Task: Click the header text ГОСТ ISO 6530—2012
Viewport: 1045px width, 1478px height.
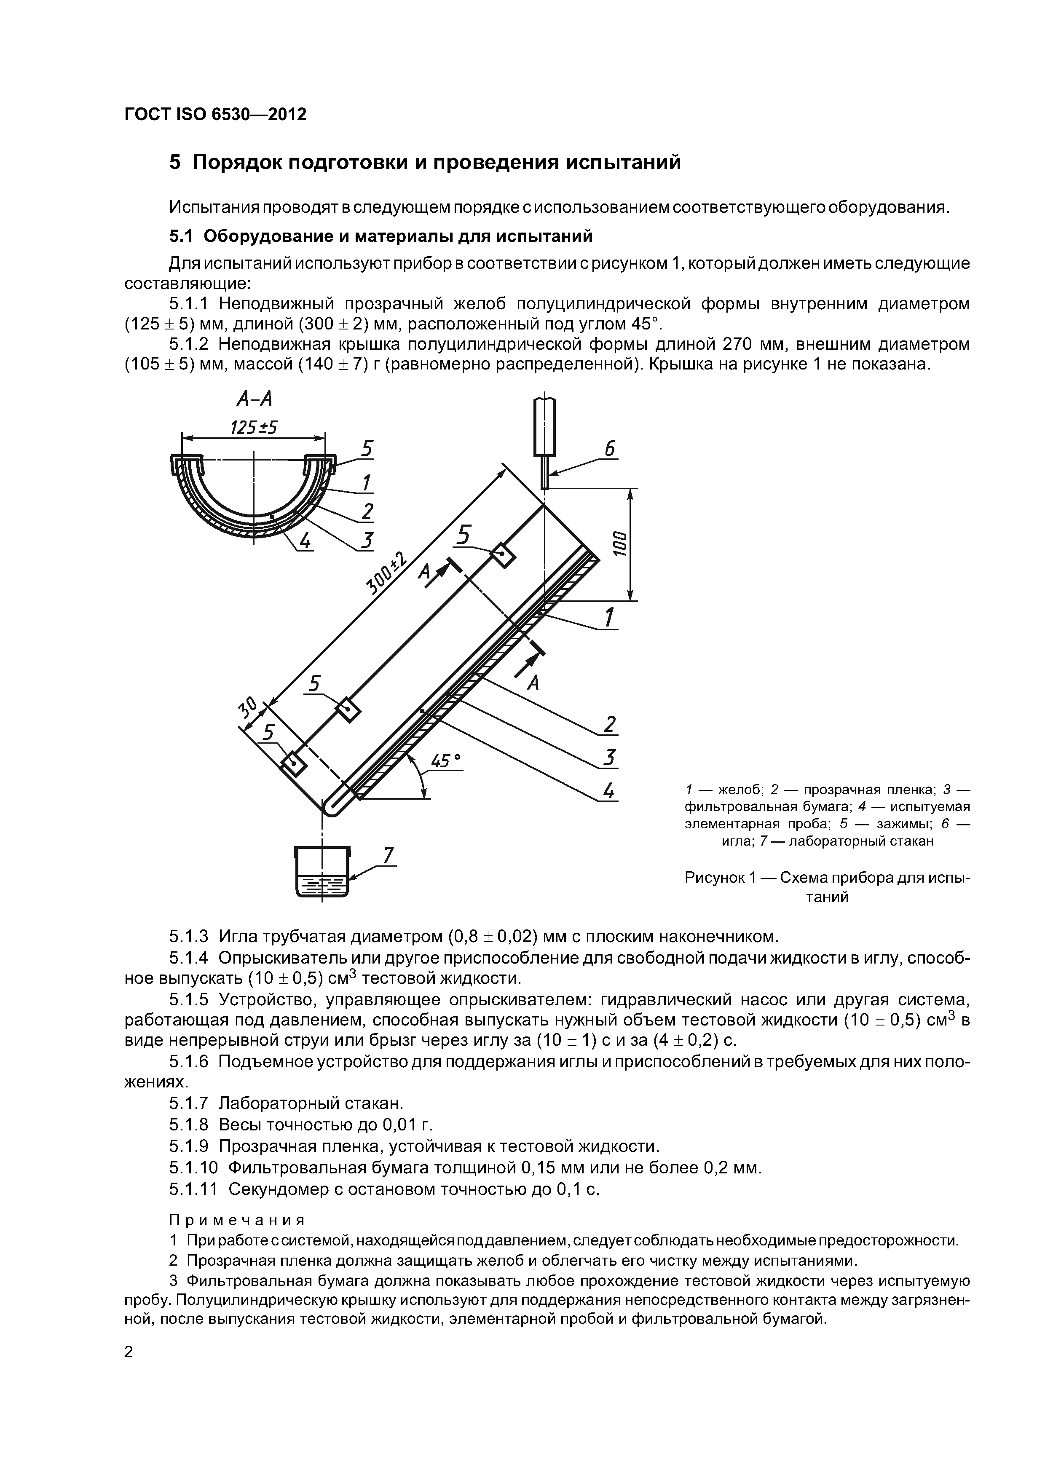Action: tap(215, 115)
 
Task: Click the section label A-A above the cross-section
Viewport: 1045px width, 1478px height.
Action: tap(255, 400)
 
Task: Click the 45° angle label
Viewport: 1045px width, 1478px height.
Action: tap(445, 761)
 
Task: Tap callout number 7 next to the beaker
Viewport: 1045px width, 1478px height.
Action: tap(388, 855)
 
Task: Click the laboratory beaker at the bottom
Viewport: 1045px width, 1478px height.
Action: tap(322, 872)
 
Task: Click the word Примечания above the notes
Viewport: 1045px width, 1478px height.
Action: tap(236, 1220)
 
